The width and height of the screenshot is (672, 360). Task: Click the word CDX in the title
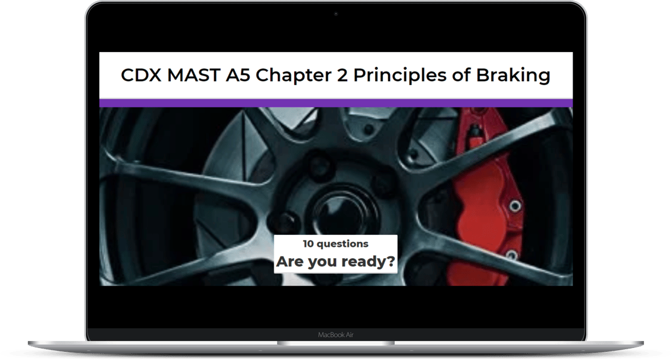(x=142, y=75)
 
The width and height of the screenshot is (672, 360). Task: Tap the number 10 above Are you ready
(x=308, y=244)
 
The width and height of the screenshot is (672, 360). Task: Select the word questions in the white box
(x=342, y=245)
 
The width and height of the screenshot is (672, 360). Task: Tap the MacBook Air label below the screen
(x=335, y=335)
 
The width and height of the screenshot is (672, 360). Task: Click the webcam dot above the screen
(x=335, y=14)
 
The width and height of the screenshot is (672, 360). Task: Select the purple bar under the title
(x=336, y=103)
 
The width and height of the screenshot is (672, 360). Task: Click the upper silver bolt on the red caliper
(x=515, y=207)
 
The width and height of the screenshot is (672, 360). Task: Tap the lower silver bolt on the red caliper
(x=511, y=255)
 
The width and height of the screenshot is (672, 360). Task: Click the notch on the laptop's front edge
(x=336, y=343)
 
